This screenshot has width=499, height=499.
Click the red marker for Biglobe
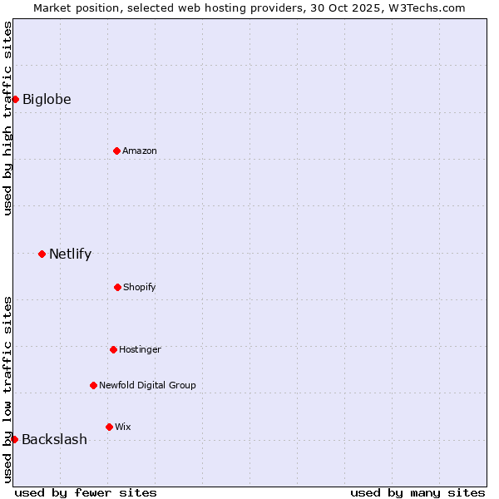tap(15, 100)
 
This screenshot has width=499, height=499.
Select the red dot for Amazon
tap(116, 151)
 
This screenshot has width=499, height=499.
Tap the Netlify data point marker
tap(42, 254)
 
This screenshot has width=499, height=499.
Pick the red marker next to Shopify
tap(117, 287)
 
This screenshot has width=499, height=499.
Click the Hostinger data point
tap(113, 349)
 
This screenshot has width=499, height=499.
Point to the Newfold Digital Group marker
tap(93, 385)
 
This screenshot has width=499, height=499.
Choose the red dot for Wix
tap(109, 427)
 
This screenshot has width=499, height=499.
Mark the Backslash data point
tap(14, 439)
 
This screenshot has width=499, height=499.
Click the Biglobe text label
tap(47, 100)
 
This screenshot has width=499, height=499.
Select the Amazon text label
tap(140, 151)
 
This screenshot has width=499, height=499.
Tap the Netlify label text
tap(70, 254)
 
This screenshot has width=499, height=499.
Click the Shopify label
tap(139, 287)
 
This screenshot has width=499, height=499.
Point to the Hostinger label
tap(140, 349)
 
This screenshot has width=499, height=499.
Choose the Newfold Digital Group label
tap(147, 385)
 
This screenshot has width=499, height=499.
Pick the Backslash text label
tap(54, 440)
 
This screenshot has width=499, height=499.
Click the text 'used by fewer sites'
tap(86, 492)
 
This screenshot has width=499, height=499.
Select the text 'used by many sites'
tap(417, 492)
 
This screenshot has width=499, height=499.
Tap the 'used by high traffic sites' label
tap(7, 118)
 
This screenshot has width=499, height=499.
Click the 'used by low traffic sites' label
tap(7, 389)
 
